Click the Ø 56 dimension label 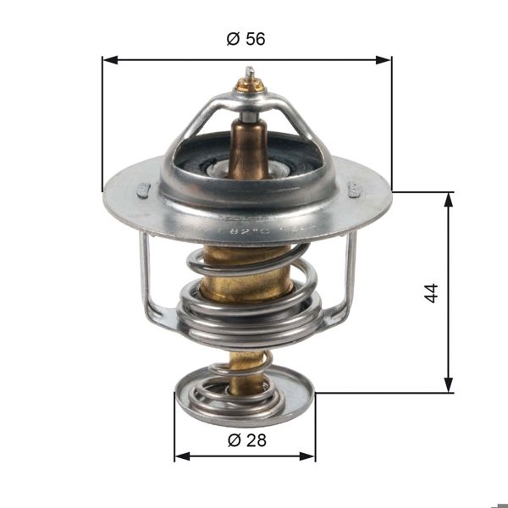point(246,39)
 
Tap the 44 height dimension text point(431,293)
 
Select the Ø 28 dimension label point(245,439)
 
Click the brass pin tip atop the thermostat point(250,83)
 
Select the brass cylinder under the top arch point(248,144)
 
